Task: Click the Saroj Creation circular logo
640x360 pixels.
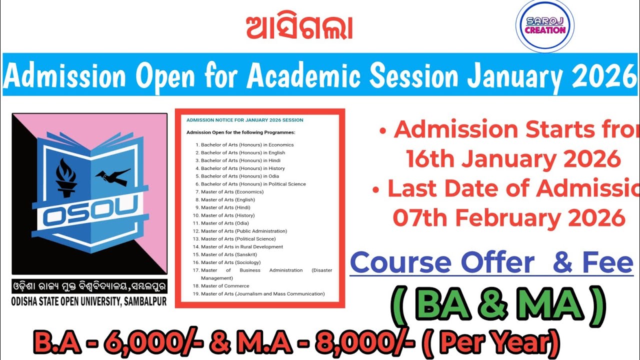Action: tap(544, 26)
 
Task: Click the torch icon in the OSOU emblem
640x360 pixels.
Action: tap(66, 178)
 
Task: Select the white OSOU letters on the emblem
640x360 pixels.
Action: tap(89, 215)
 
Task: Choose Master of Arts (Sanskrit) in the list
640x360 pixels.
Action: tap(229, 254)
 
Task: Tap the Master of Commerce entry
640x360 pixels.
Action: tap(225, 286)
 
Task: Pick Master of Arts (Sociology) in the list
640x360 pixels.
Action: tap(230, 262)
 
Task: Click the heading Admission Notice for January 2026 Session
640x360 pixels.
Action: tap(244, 120)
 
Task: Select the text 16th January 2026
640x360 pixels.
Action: tap(513, 158)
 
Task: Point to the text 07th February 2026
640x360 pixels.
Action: tap(509, 218)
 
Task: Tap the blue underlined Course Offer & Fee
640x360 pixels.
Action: tap(491, 262)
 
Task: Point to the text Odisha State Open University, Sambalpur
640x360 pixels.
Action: tap(89, 301)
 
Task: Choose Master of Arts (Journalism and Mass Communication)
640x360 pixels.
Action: tap(262, 294)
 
